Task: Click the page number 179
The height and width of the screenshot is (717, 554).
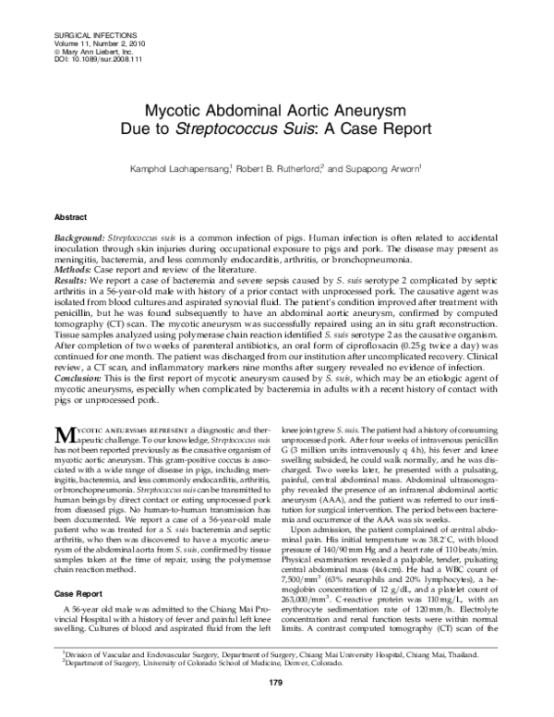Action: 275,708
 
